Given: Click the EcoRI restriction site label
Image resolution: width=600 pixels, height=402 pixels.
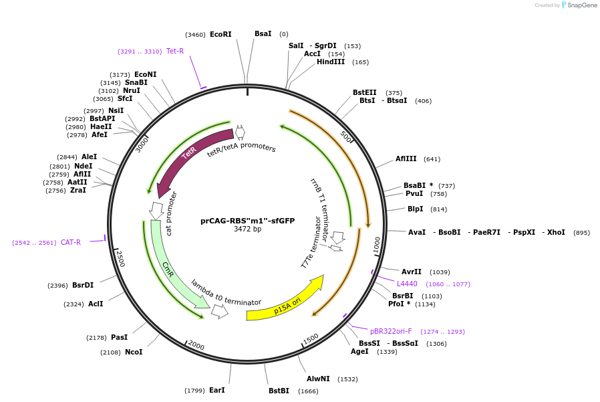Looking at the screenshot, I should pyautogui.click(x=220, y=34).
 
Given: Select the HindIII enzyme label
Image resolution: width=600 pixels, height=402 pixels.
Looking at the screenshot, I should pyautogui.click(x=331, y=62).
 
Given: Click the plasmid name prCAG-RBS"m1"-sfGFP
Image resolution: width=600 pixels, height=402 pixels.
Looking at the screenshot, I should pyautogui.click(x=247, y=221).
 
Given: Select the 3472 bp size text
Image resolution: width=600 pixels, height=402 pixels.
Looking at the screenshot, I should pyautogui.click(x=247, y=229).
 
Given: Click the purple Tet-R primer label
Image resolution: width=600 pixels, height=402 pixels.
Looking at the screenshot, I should pyautogui.click(x=175, y=51).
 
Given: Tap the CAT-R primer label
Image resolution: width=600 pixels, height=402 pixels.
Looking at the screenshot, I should pyautogui.click(x=71, y=242).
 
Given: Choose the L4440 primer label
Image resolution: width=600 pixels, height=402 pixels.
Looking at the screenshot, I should pyautogui.click(x=407, y=284).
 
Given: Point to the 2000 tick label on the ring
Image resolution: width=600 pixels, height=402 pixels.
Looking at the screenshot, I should pyautogui.click(x=196, y=344).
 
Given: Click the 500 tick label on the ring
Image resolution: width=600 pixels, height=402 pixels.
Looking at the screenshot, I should pyautogui.click(x=346, y=137).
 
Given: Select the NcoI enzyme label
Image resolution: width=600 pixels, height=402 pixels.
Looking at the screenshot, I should pyautogui.click(x=134, y=352).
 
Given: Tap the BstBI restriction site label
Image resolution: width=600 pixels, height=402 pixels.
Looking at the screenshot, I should pyautogui.click(x=279, y=391).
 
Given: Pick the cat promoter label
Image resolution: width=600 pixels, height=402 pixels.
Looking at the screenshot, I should pyautogui.click(x=170, y=213).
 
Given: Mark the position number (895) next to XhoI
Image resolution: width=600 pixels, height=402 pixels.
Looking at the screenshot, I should pyautogui.click(x=581, y=233).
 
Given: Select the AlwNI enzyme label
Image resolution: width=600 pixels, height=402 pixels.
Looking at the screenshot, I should pyautogui.click(x=318, y=379).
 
